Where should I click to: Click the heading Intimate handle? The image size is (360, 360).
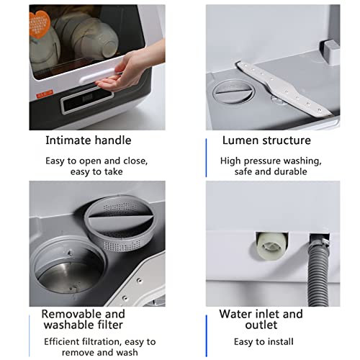pyautogui.click(x=88, y=140)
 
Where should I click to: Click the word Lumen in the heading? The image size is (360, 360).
pyautogui.click(x=240, y=140)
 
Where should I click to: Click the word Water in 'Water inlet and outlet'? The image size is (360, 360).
pyautogui.click(x=237, y=315)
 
